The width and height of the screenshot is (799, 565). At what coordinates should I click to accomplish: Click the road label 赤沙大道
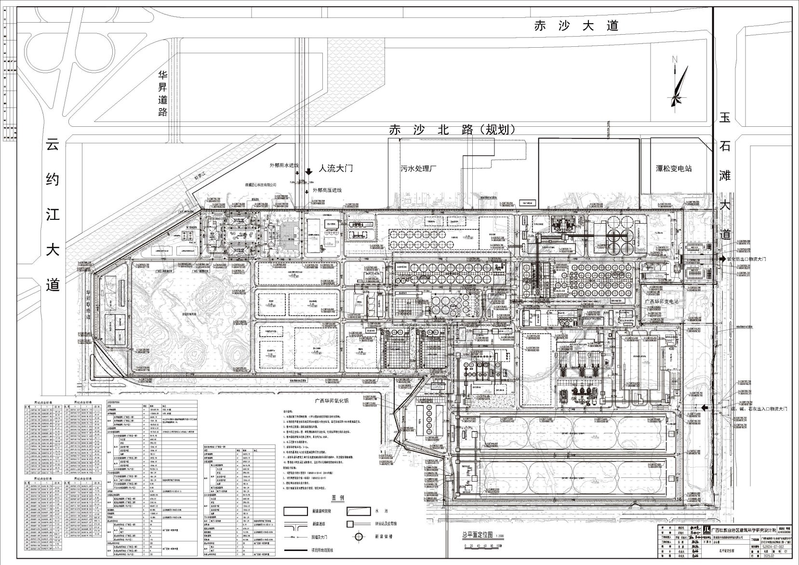pyautogui.click(x=575, y=25)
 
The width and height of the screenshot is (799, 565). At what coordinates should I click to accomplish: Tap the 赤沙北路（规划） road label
pyautogui.click(x=453, y=130)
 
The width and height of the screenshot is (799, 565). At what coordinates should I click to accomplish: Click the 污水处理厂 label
pyautogui.click(x=418, y=169)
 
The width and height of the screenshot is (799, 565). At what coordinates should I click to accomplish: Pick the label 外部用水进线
pyautogui.click(x=284, y=165)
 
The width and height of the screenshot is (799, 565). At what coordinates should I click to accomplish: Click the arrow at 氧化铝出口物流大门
pyautogui.click(x=721, y=259)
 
